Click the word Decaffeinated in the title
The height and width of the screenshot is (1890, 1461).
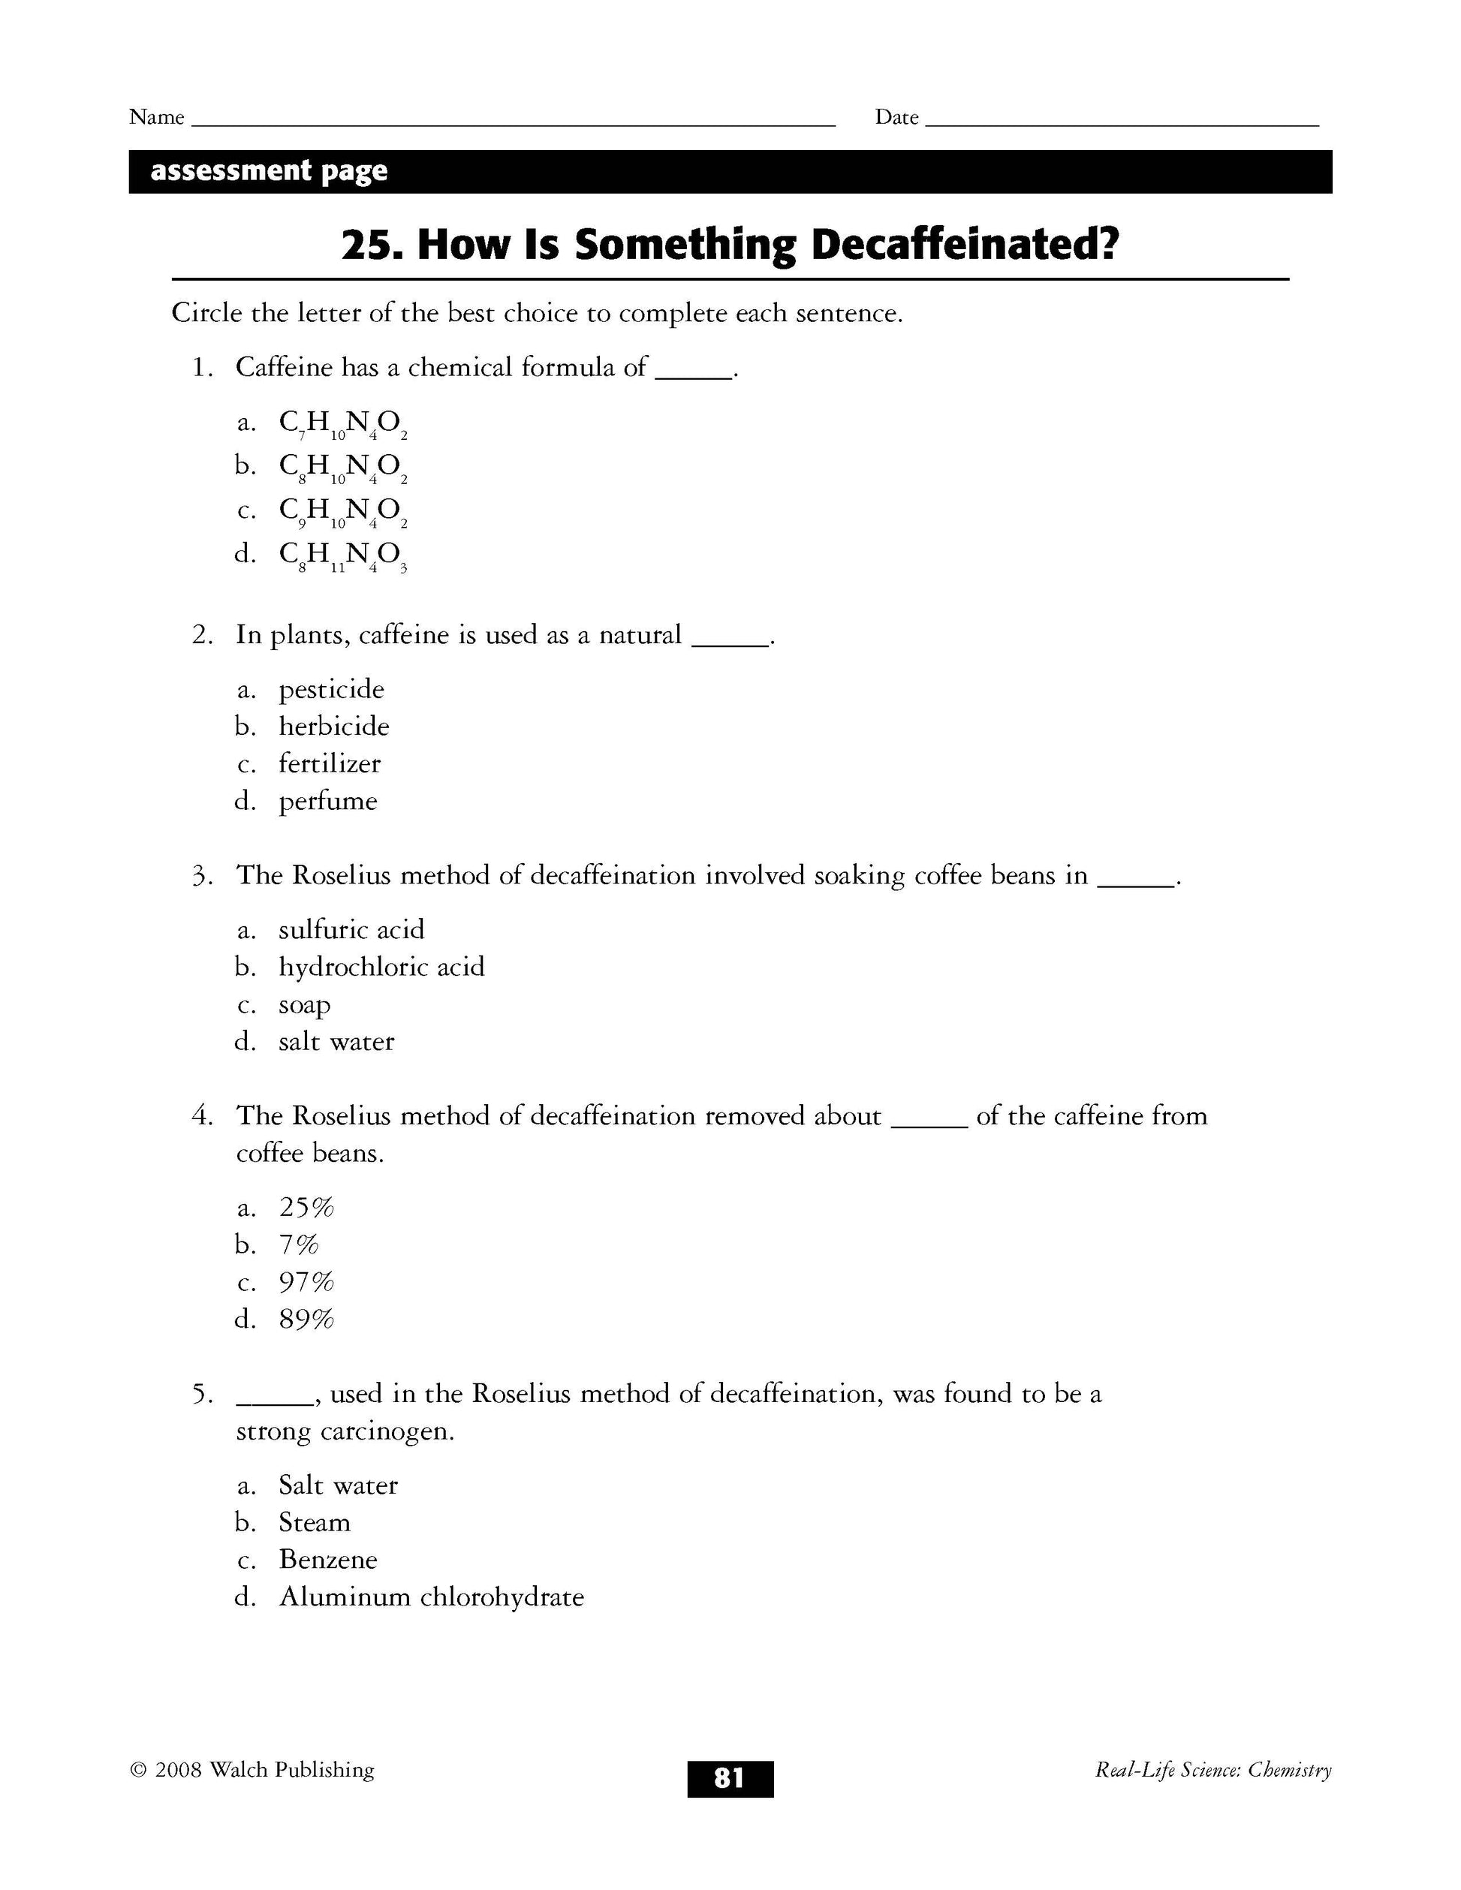(964, 245)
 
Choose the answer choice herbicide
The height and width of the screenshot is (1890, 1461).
(333, 727)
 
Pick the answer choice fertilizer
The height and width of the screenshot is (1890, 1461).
(329, 764)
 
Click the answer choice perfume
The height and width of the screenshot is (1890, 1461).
(327, 802)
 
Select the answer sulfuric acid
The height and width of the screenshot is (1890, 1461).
(351, 930)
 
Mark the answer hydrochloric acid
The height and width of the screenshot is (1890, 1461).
(381, 968)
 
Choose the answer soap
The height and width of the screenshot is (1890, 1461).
(305, 1005)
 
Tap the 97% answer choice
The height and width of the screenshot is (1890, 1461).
(306, 1283)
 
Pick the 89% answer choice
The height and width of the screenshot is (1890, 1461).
(306, 1320)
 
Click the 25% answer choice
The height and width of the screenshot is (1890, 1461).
(306, 1208)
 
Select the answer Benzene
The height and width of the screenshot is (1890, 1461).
(328, 1560)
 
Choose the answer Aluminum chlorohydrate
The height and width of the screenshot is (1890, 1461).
(431, 1597)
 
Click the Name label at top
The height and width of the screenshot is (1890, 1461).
(157, 118)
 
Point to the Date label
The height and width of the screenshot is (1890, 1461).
(896, 118)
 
